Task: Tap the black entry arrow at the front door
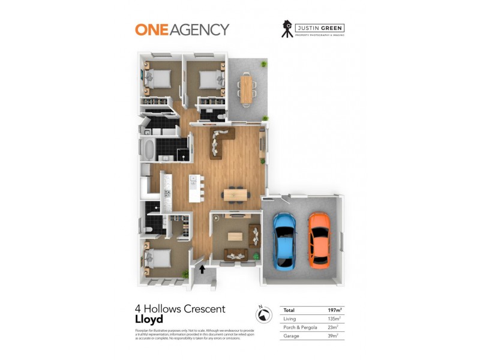coord(202,269)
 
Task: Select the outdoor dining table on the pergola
coord(246,88)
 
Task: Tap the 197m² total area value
coord(334,310)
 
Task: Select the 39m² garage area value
coord(334,336)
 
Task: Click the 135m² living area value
coord(334,319)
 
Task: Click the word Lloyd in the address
coord(149,319)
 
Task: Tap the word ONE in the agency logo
coord(152,29)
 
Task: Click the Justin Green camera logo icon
coord(287,29)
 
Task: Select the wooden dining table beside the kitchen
coord(235,194)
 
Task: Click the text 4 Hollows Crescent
coord(180,309)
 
